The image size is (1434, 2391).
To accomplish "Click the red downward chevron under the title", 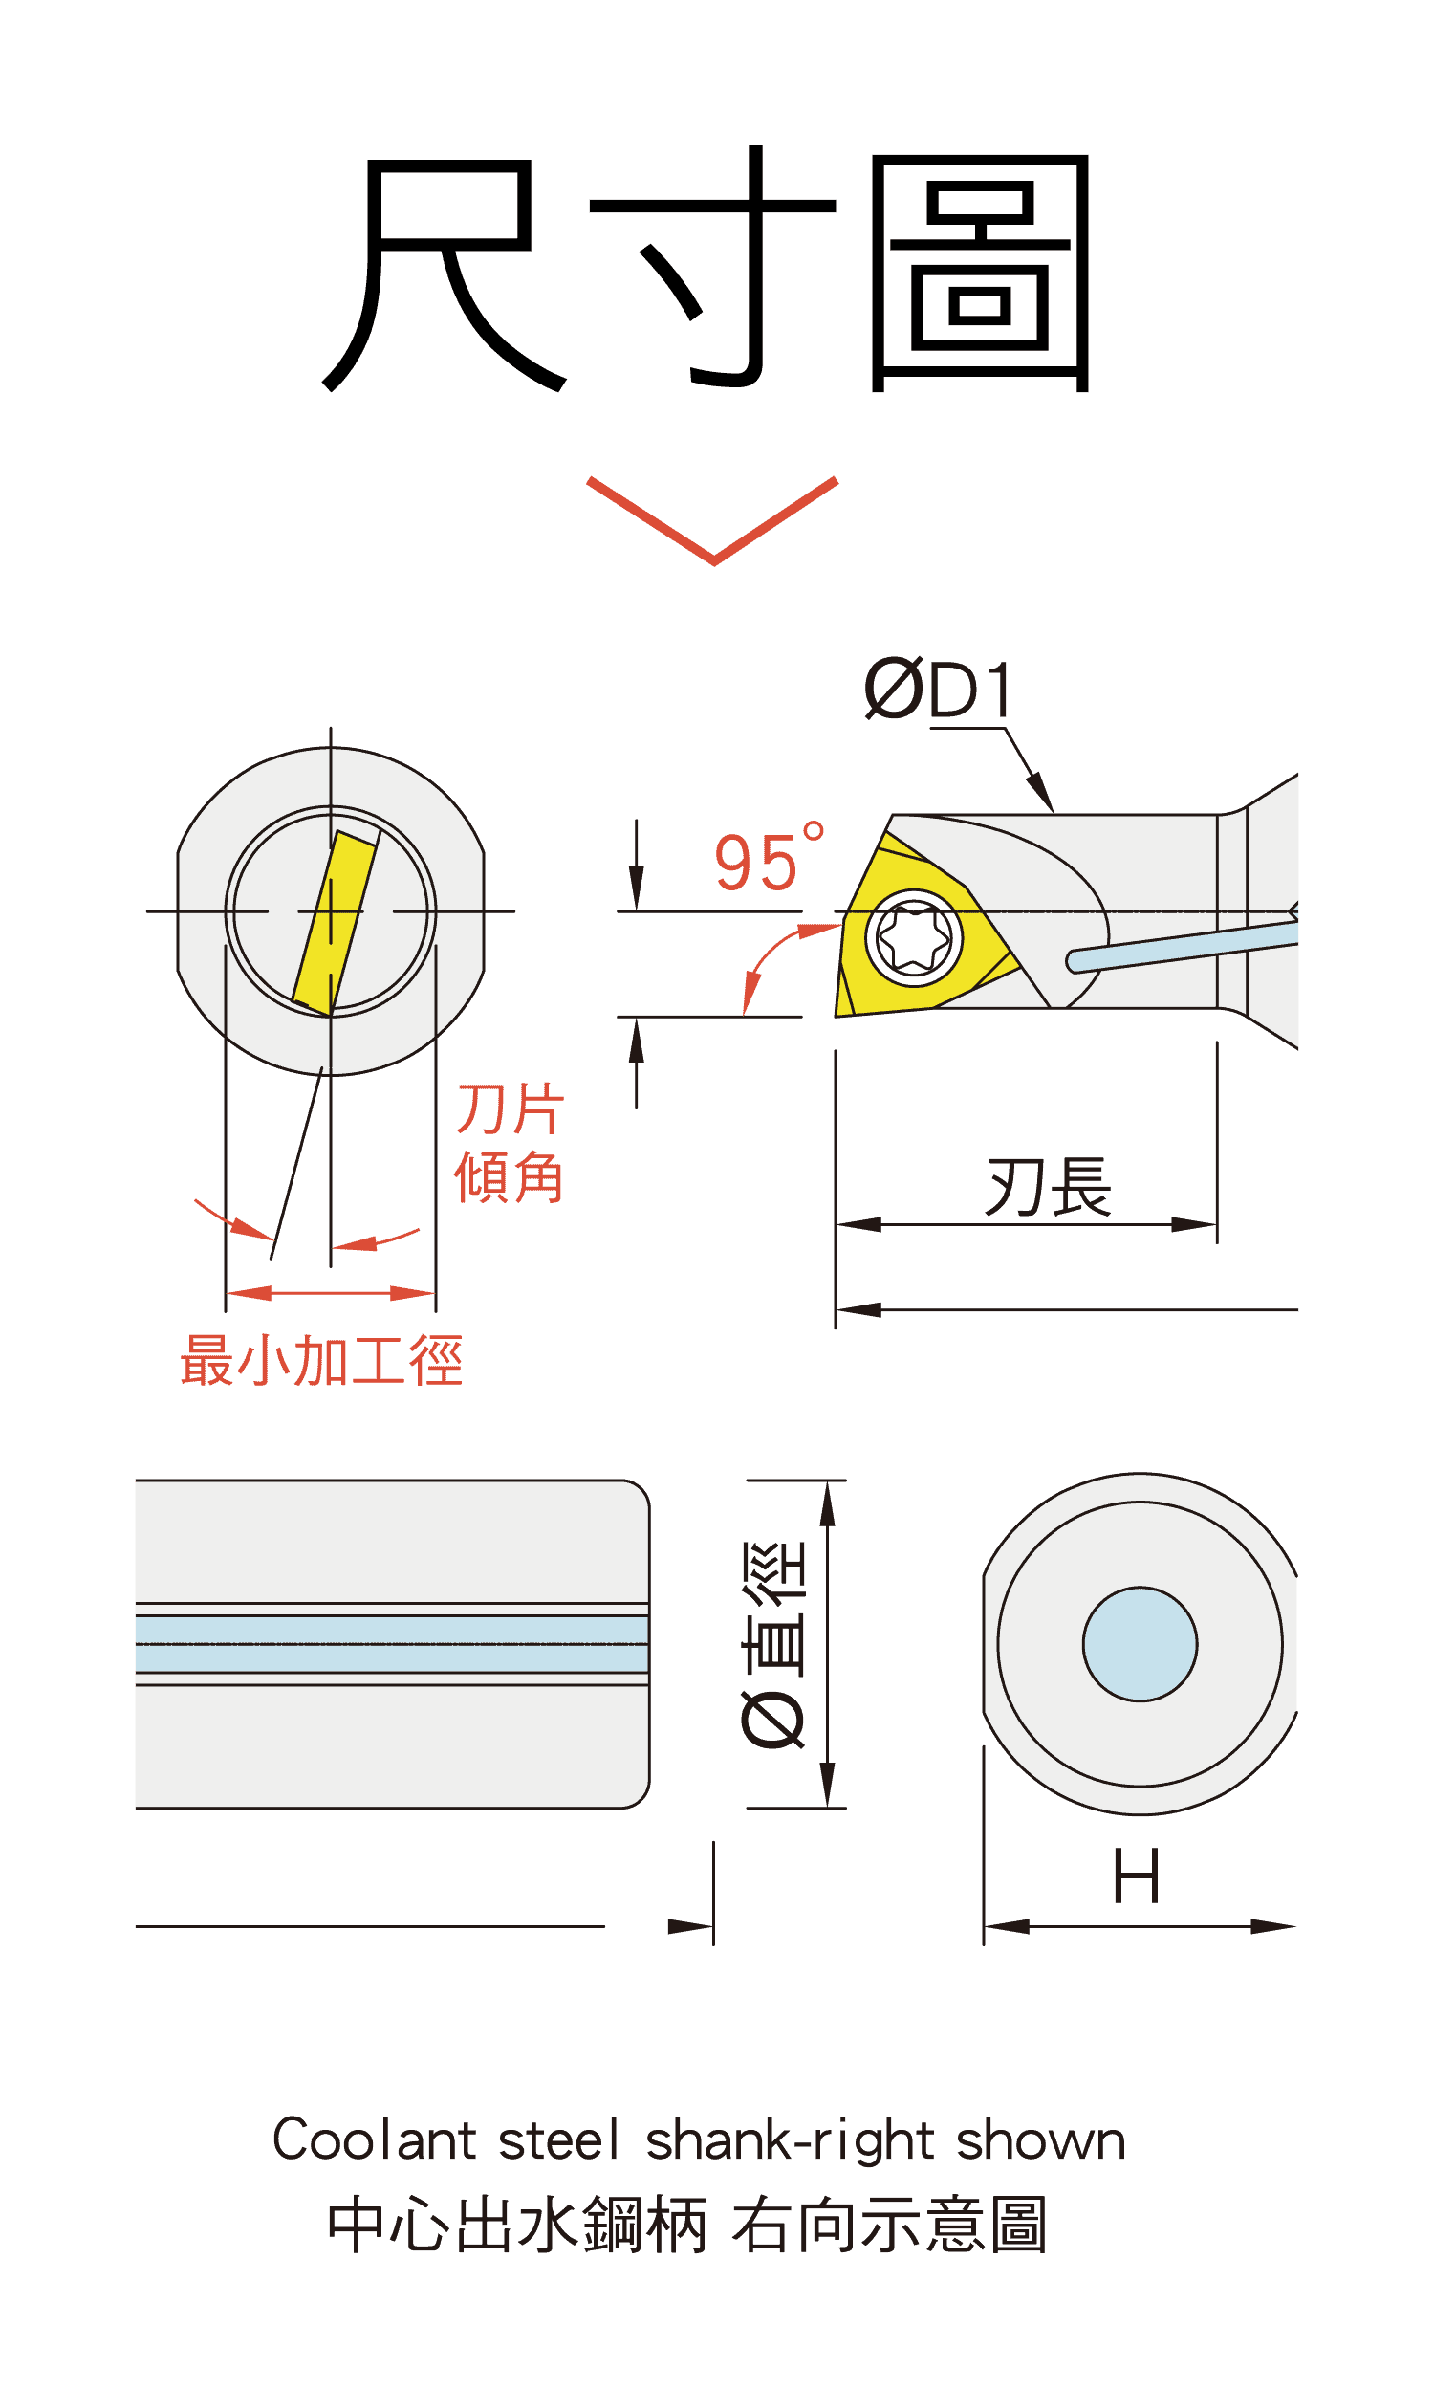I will click(713, 521).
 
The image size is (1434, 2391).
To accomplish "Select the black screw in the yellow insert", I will click(913, 937).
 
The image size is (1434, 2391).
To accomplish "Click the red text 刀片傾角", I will click(510, 1142).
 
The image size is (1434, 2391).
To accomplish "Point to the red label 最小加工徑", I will click(322, 1361).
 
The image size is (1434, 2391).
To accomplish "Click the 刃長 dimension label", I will click(1049, 1187).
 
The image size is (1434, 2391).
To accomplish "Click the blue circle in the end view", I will click(1141, 1644).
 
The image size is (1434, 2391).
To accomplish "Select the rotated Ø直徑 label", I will click(773, 1644).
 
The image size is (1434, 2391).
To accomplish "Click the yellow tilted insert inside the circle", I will click(334, 923).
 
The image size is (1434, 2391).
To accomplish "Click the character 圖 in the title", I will click(981, 273).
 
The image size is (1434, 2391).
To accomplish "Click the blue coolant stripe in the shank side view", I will click(390, 1644).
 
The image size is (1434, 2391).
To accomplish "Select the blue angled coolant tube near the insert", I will click(1184, 946).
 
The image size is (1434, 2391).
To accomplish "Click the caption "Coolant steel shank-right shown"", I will click(699, 2140).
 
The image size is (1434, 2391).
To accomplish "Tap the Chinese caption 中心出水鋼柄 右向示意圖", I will click(688, 2224).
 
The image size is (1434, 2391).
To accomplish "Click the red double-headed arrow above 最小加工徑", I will click(331, 1293).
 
